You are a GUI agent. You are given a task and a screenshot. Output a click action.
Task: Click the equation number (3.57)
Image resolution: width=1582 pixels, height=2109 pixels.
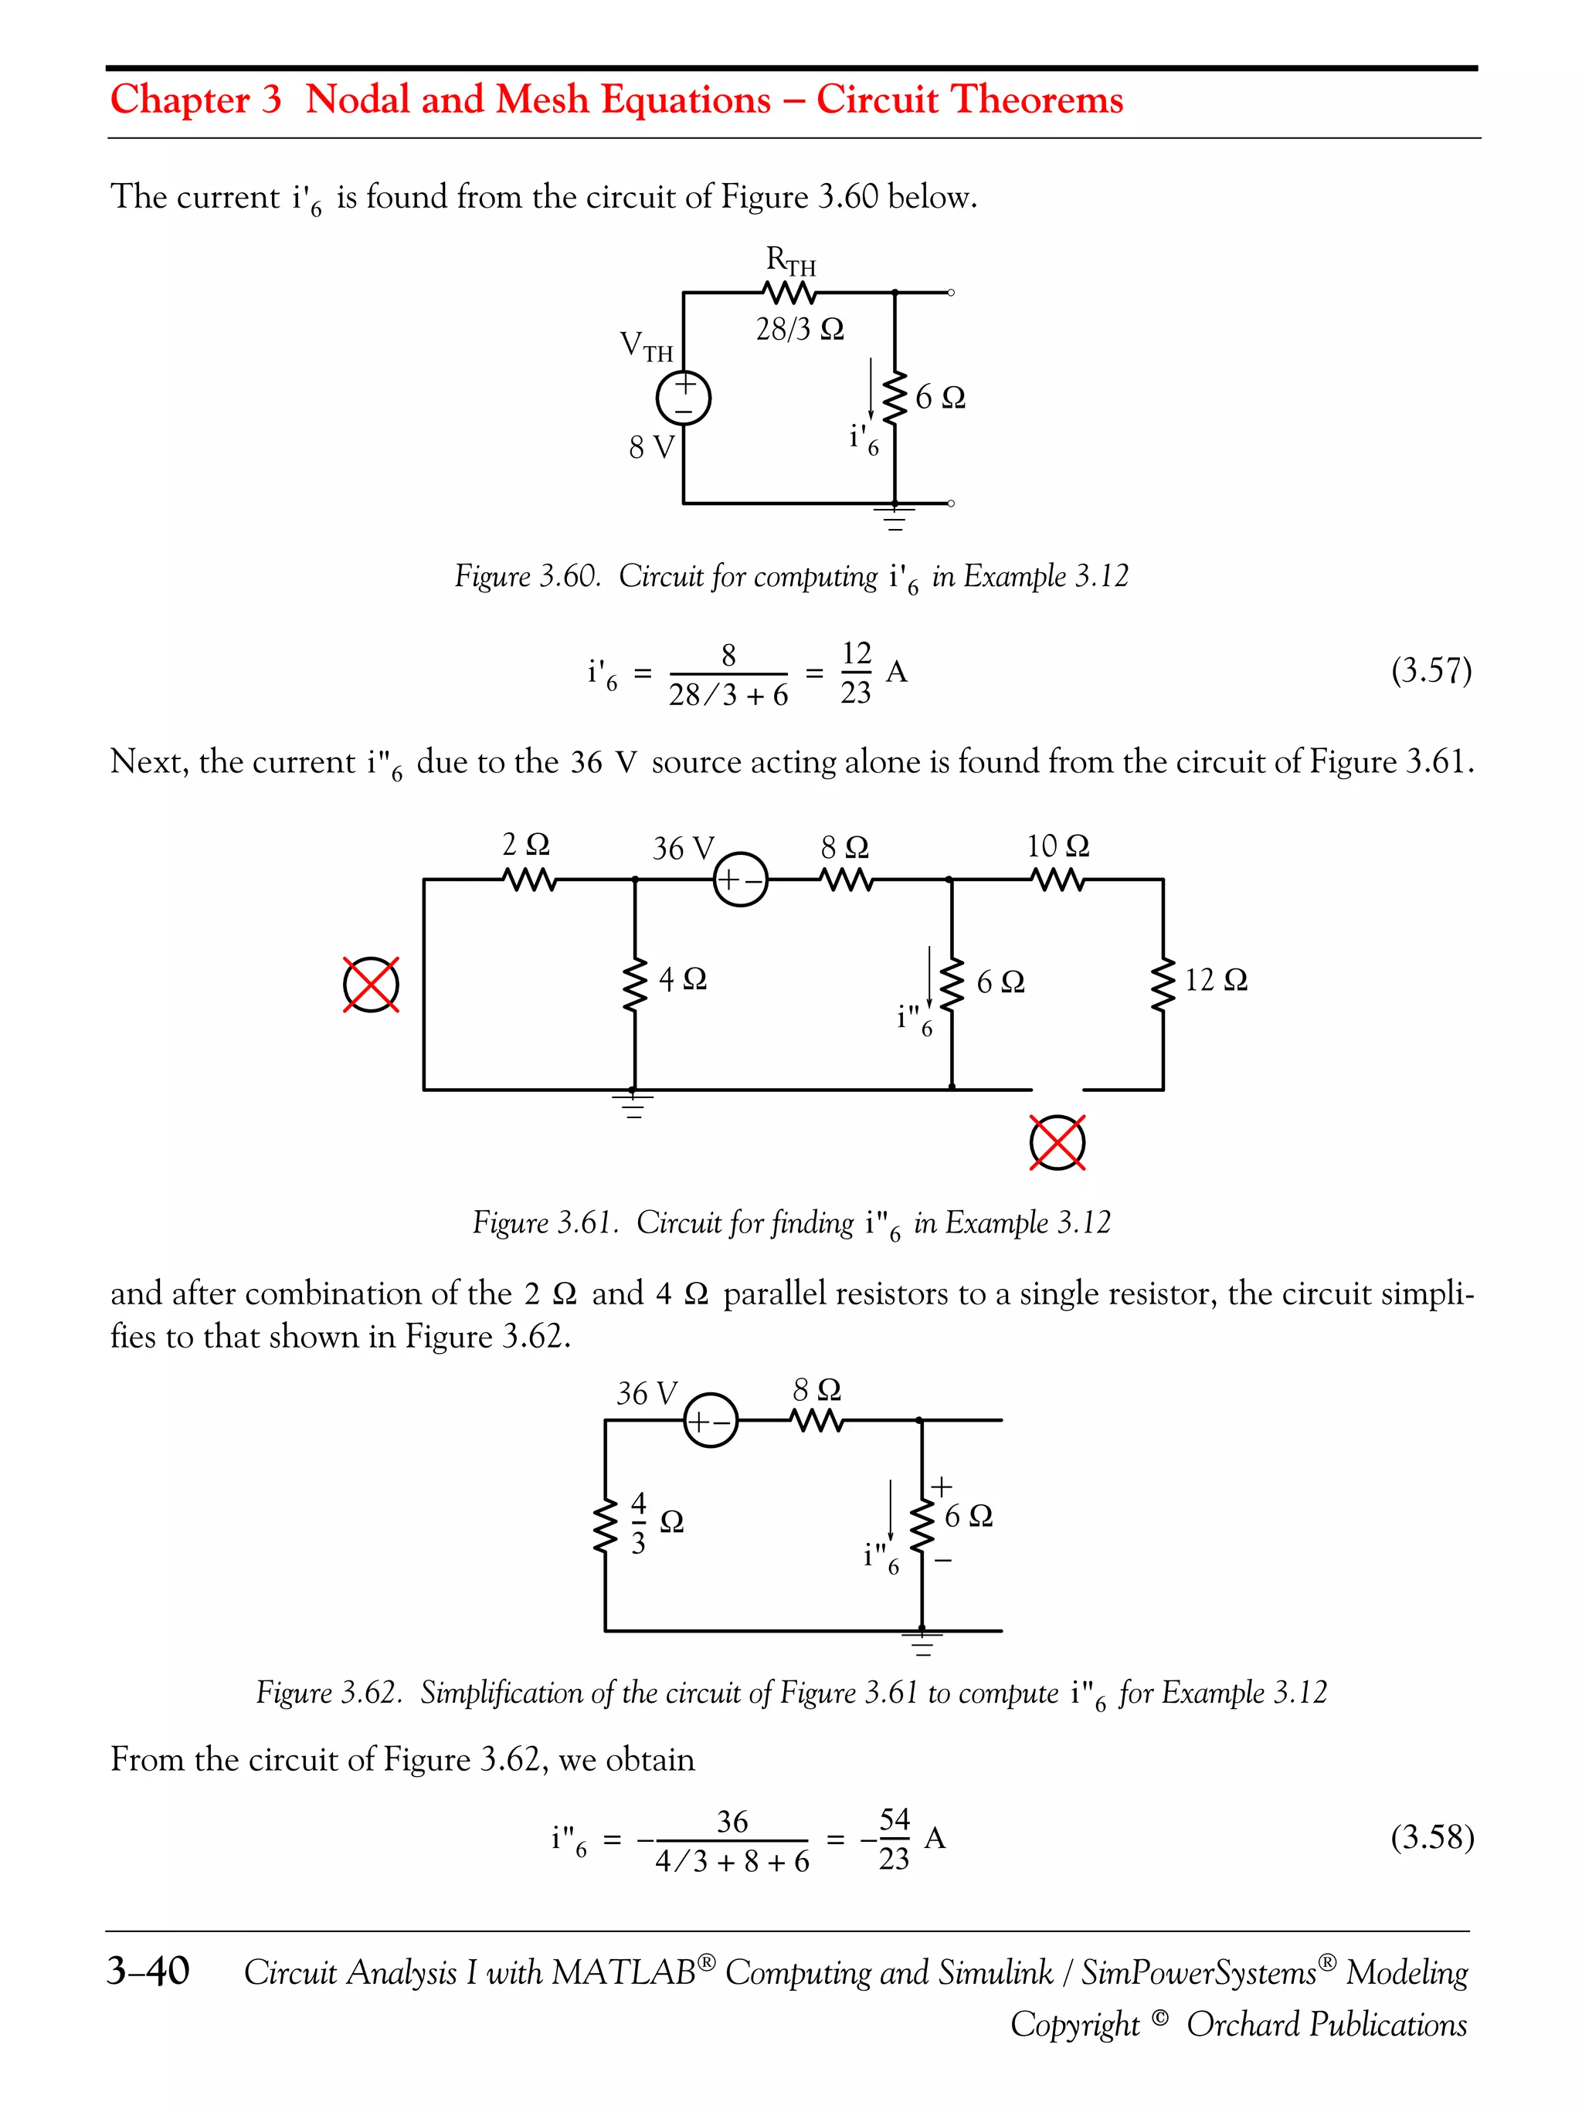(x=1431, y=671)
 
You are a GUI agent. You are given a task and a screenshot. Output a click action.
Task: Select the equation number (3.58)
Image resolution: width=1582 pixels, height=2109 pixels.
(x=1431, y=1836)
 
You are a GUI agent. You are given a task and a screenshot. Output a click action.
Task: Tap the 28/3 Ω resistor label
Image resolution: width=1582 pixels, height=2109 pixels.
(x=799, y=330)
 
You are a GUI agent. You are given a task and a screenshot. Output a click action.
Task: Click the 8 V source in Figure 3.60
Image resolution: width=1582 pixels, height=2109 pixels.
(x=684, y=398)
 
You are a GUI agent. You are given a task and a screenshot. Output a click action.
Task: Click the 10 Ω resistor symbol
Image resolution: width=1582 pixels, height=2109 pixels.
(x=1058, y=879)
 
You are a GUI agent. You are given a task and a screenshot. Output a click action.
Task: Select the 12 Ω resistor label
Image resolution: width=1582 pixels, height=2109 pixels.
(x=1216, y=980)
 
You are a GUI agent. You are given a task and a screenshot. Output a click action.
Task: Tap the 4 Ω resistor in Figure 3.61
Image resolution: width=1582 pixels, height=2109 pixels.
(x=634, y=985)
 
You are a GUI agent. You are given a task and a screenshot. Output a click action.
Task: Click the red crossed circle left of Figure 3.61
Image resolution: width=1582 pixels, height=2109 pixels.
(x=371, y=985)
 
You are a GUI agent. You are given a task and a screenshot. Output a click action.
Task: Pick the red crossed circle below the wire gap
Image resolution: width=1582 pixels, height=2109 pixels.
(x=1057, y=1142)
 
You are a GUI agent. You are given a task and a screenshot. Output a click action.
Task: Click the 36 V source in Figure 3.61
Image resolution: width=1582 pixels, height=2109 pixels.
(x=740, y=879)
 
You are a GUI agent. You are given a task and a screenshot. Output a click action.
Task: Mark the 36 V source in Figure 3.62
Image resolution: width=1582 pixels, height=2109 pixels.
(x=711, y=1421)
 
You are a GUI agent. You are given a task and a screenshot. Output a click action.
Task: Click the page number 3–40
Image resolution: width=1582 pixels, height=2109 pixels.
(x=149, y=1969)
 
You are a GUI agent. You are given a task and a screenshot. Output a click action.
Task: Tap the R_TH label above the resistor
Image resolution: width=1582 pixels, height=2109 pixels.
(x=790, y=260)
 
